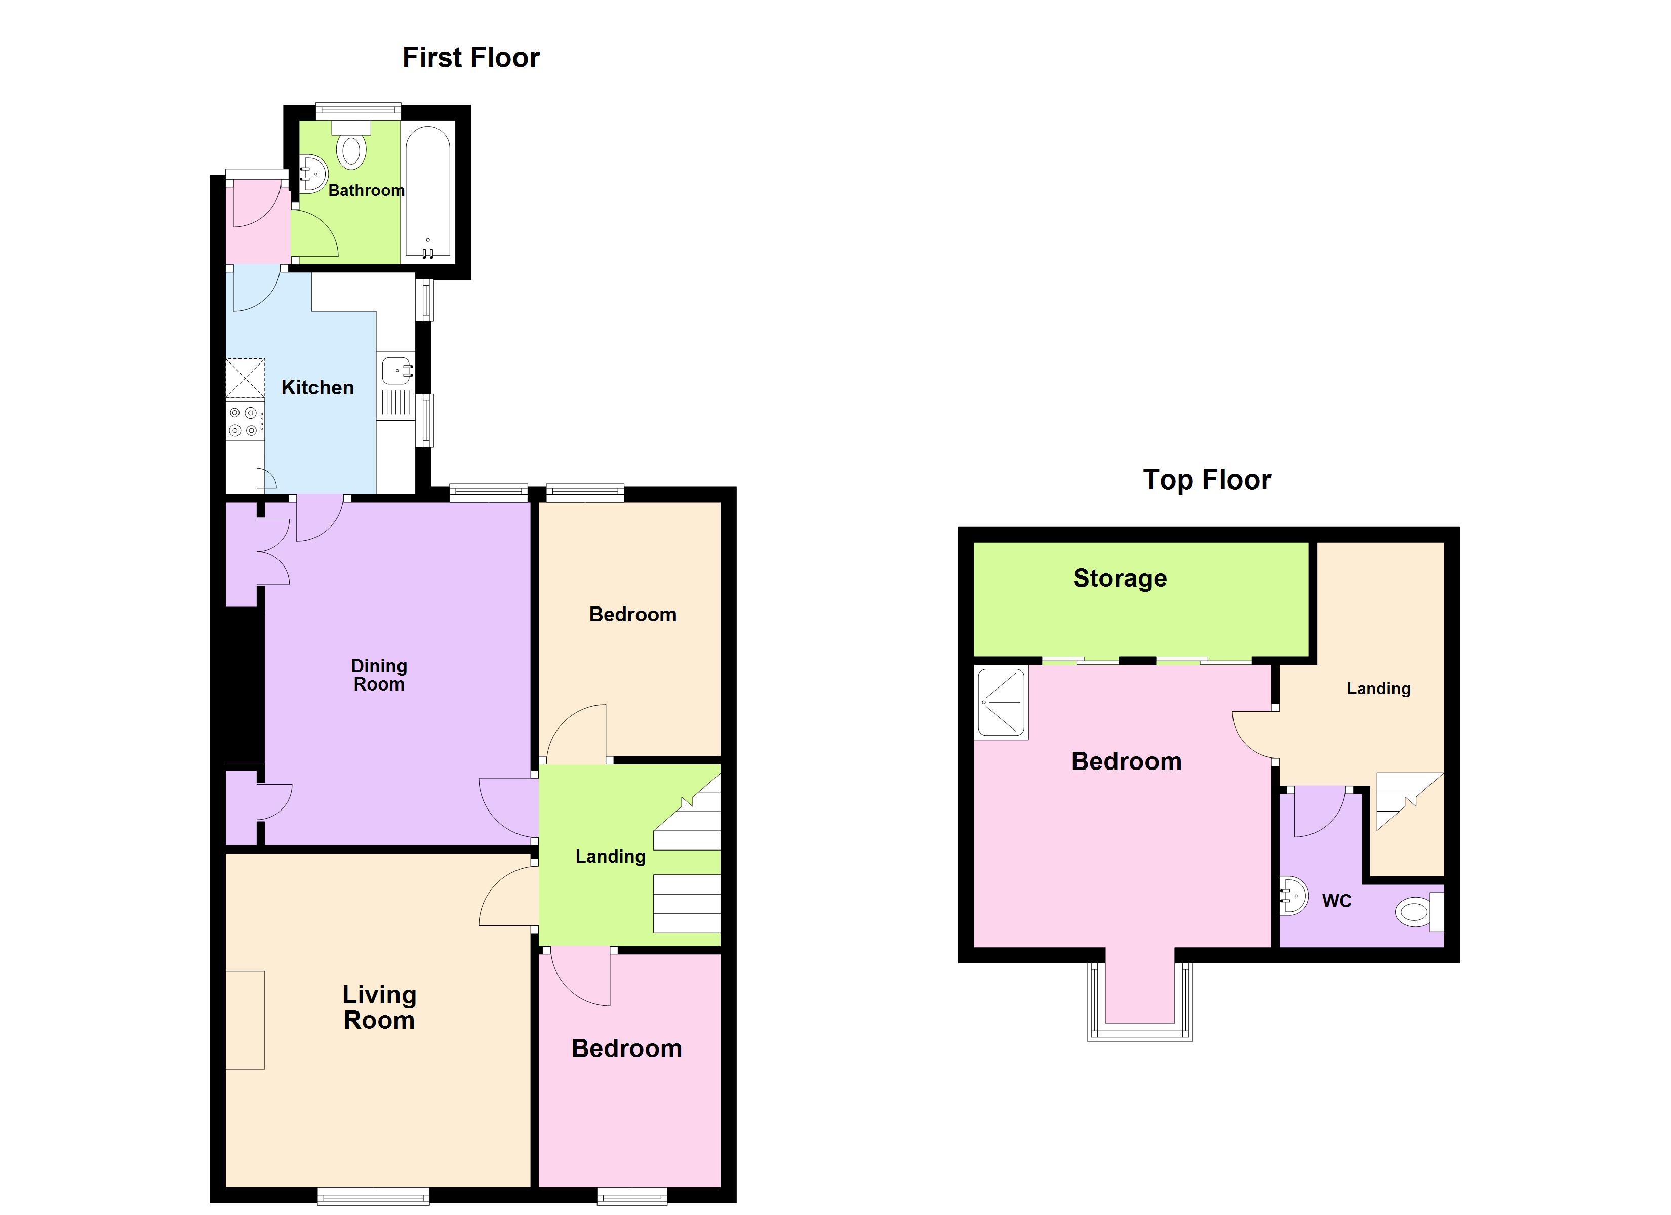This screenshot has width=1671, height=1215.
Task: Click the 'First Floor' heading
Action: (471, 58)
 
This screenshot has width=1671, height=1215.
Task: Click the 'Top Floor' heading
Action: (1207, 479)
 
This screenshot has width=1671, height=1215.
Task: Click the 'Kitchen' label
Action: (317, 388)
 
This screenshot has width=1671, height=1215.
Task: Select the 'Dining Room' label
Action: (379, 675)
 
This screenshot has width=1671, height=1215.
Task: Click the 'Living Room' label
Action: (379, 1007)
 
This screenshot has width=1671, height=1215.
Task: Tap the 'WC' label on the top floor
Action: (1336, 901)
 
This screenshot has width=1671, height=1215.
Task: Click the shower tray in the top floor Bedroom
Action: (1001, 703)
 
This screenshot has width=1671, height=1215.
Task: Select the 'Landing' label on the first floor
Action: (610, 856)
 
